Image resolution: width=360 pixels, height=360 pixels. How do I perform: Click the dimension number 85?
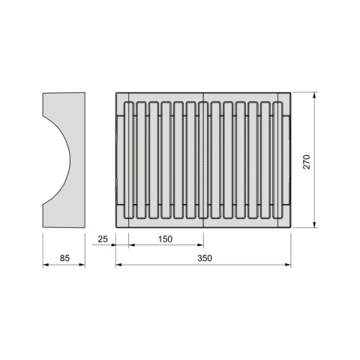click(x=64, y=258)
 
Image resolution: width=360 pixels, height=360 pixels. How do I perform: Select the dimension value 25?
click(x=103, y=239)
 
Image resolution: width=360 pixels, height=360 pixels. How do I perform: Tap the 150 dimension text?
click(x=166, y=239)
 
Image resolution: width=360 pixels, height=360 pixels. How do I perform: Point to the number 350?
click(x=205, y=258)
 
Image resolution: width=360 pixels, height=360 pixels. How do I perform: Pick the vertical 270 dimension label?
click(x=307, y=161)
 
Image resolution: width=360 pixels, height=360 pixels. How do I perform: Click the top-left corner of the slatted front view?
click(x=116, y=93)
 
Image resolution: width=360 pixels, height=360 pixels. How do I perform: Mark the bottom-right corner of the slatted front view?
click(x=292, y=226)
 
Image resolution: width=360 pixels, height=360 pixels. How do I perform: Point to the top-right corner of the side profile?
click(x=85, y=93)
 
